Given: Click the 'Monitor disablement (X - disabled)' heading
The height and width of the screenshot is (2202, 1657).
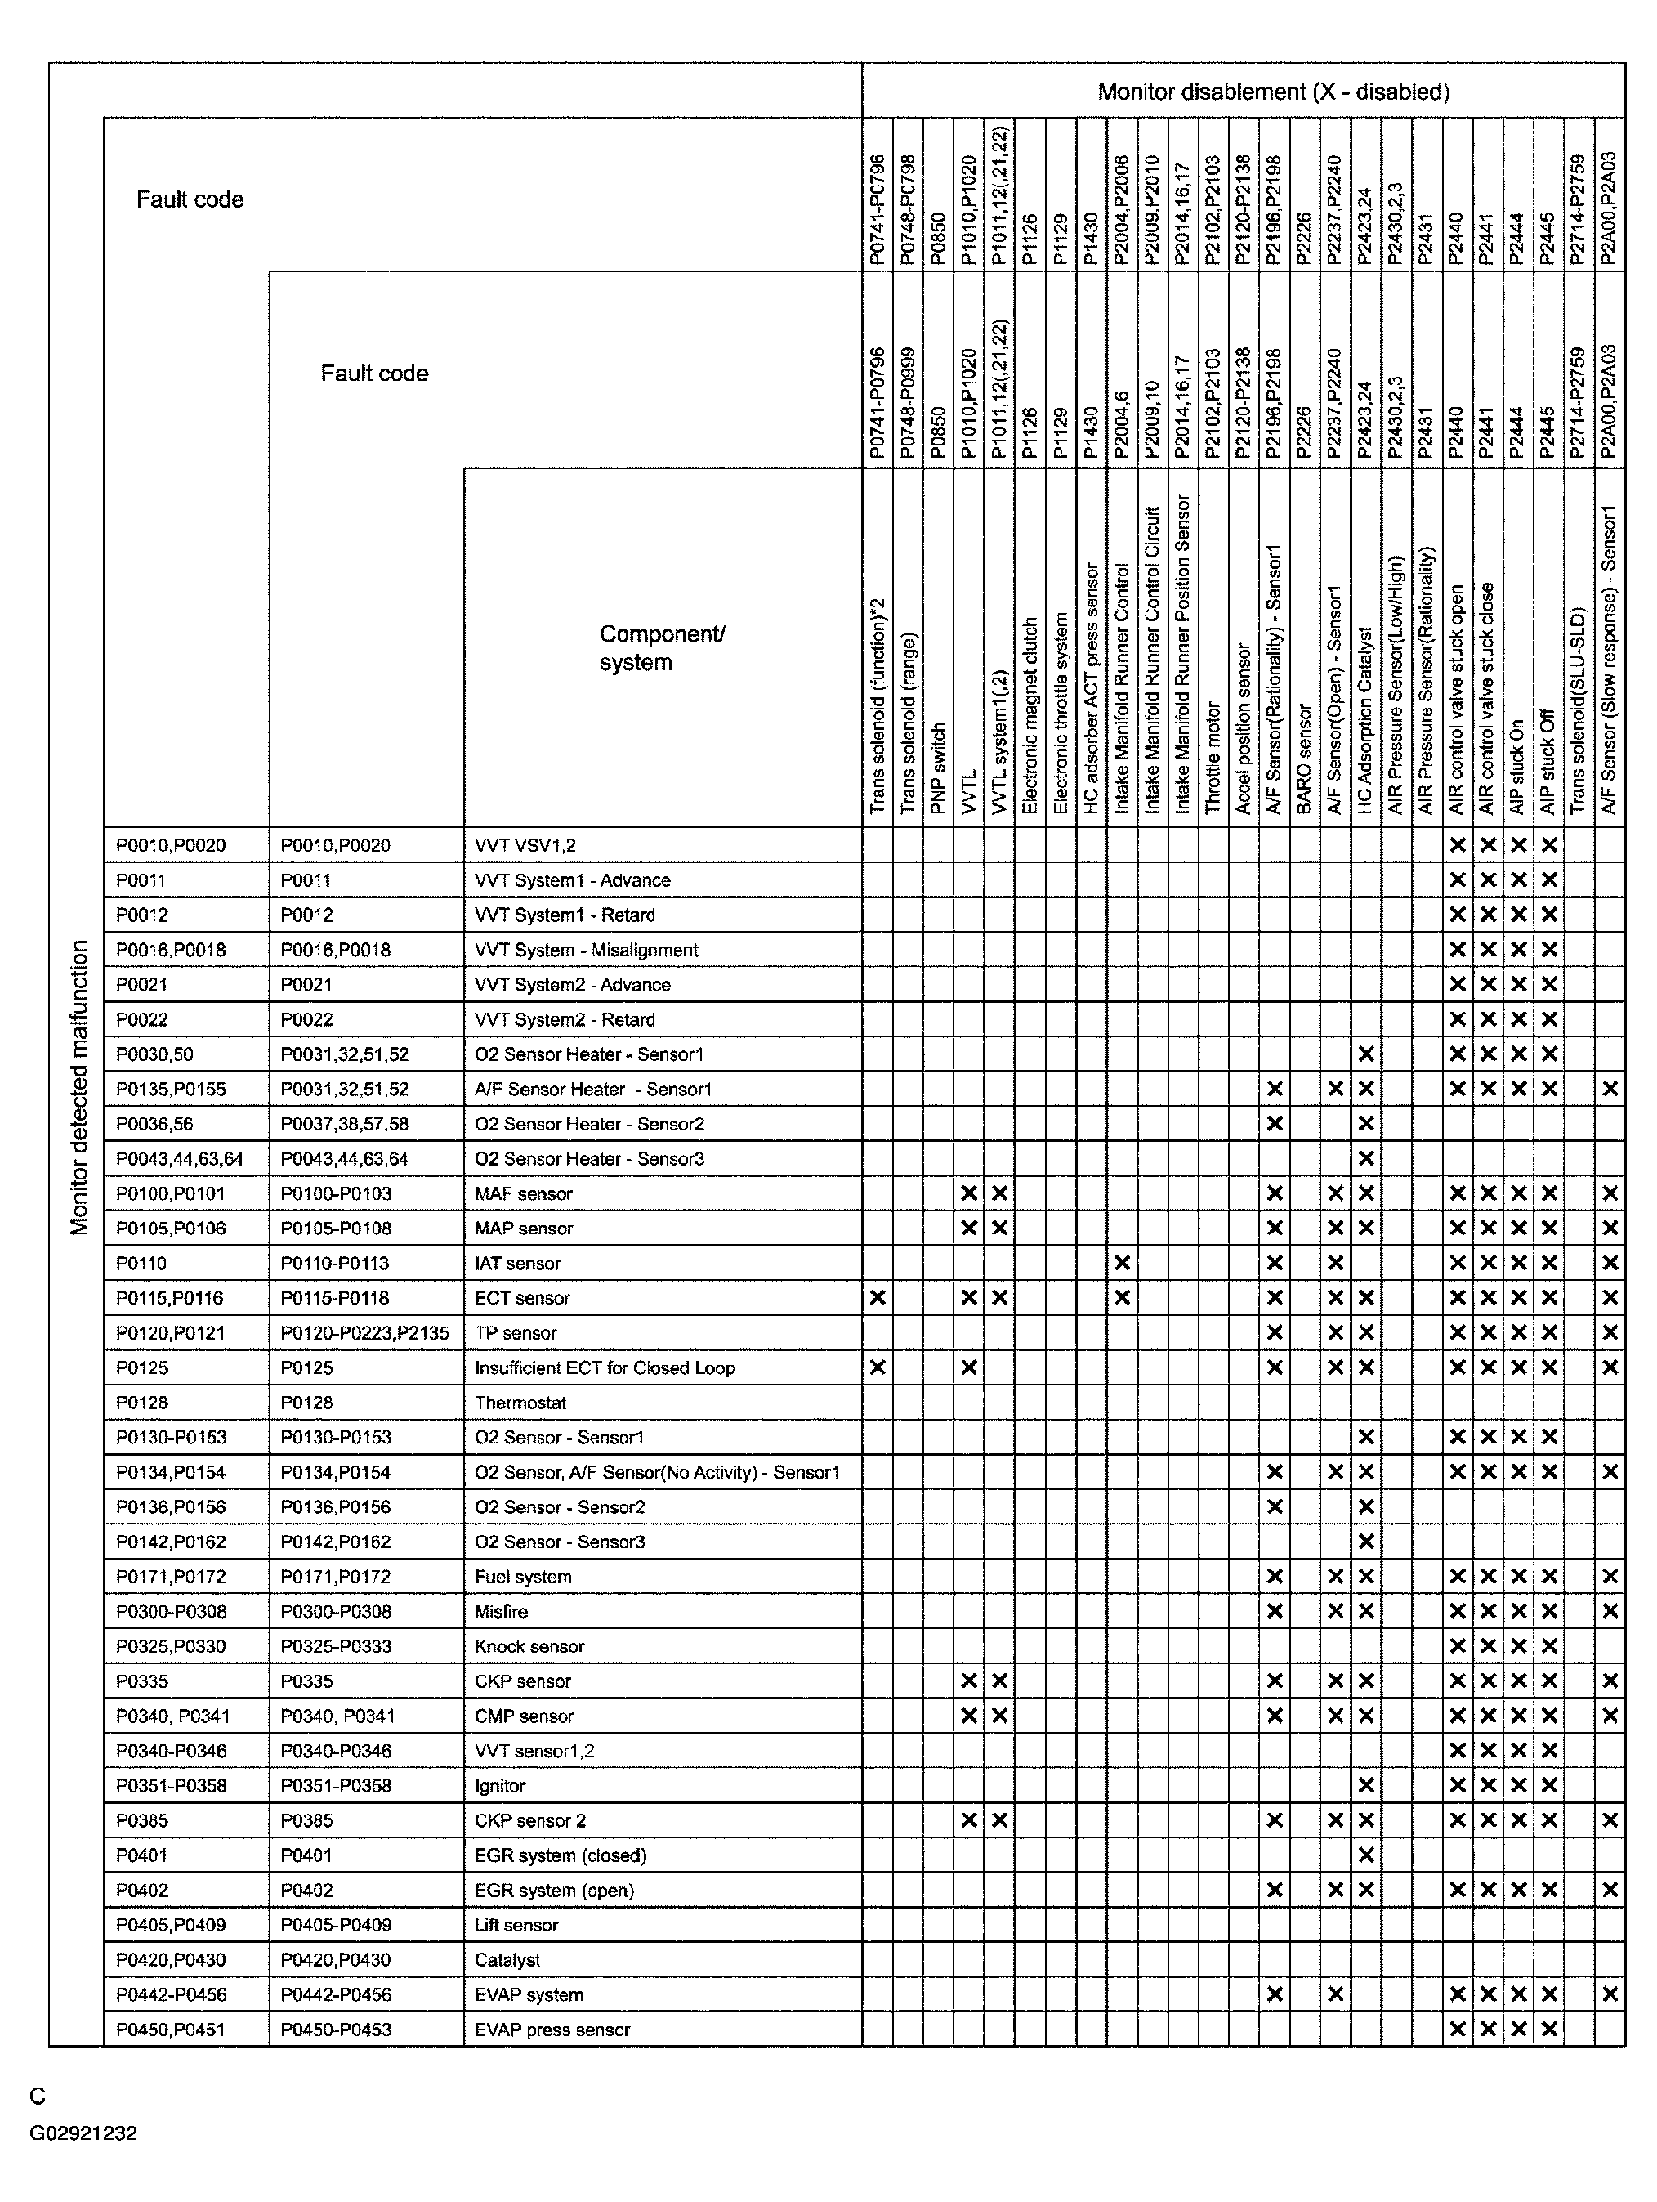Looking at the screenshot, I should (x=1273, y=92).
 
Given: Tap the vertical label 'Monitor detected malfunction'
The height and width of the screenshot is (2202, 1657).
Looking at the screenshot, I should (x=79, y=1087).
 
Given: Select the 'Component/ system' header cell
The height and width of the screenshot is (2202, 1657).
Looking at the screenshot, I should (x=662, y=648).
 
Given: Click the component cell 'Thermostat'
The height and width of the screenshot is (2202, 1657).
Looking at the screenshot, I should (x=520, y=1403).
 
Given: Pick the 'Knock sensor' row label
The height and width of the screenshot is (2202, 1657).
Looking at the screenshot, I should (x=529, y=1646).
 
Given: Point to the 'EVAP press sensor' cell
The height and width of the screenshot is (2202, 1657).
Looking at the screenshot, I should (x=552, y=2029).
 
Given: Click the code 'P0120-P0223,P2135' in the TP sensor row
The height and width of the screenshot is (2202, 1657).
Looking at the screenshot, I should (x=364, y=1333).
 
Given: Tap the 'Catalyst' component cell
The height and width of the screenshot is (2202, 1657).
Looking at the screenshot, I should (x=507, y=1959).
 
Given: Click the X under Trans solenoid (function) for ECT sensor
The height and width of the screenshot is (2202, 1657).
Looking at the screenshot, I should (x=877, y=1298).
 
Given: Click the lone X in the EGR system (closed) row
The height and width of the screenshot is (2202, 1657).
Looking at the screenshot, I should (x=1365, y=1855).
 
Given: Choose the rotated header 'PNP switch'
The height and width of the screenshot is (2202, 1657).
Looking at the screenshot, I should (x=937, y=768).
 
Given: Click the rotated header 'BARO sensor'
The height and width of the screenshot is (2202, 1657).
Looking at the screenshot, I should (x=1305, y=759).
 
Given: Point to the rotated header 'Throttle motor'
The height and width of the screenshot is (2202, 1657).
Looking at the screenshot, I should (x=1213, y=758).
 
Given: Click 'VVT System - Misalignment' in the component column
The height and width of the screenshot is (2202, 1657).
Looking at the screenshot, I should (x=586, y=950).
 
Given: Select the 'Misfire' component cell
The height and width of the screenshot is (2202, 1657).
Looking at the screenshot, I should (x=501, y=1612).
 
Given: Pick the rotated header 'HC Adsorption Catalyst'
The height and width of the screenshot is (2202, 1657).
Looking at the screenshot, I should (x=1365, y=718).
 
